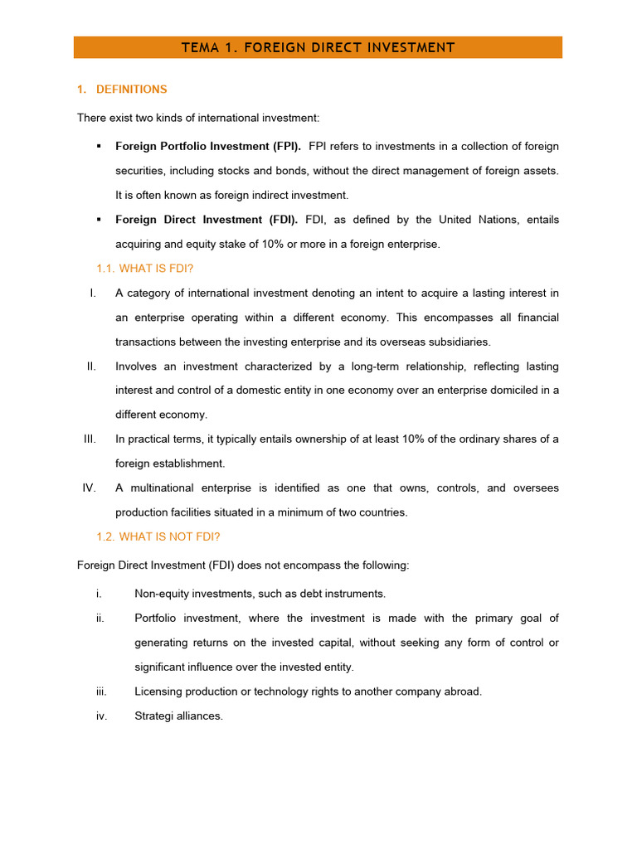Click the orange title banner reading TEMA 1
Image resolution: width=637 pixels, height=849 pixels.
[318, 47]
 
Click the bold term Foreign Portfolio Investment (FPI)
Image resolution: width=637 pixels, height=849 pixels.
[208, 147]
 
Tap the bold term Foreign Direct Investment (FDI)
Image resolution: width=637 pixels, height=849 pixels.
[207, 220]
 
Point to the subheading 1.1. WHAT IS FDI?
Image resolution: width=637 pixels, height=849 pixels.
[145, 269]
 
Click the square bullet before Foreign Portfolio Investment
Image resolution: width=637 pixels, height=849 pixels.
[99, 147]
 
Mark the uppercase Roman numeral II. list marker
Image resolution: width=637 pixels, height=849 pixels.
[92, 366]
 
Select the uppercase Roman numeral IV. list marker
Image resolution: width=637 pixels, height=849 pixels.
[90, 488]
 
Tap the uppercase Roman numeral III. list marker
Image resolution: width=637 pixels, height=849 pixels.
[90, 439]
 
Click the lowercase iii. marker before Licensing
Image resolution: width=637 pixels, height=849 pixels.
[102, 691]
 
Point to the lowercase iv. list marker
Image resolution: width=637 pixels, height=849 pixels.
[102, 716]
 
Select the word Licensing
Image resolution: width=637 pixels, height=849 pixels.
[157, 691]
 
